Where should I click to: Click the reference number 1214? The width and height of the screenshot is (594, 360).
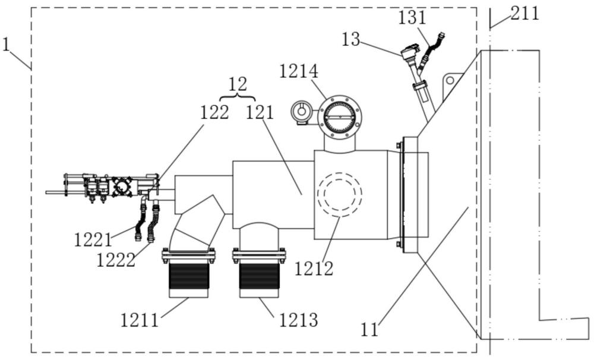[x=299, y=72]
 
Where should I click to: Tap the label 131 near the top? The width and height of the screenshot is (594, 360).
[x=412, y=18]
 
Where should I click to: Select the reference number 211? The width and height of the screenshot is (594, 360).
[x=525, y=14]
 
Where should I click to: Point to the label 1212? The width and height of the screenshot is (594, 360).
[x=314, y=269]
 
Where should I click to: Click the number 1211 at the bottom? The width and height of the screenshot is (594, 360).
[x=140, y=320]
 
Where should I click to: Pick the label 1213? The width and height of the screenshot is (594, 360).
[x=299, y=320]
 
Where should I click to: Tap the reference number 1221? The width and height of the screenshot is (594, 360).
[x=93, y=240]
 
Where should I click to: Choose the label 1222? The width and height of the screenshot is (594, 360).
[x=116, y=260]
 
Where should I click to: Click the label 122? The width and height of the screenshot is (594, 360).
[x=214, y=112]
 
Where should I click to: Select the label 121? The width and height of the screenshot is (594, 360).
[x=260, y=112]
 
